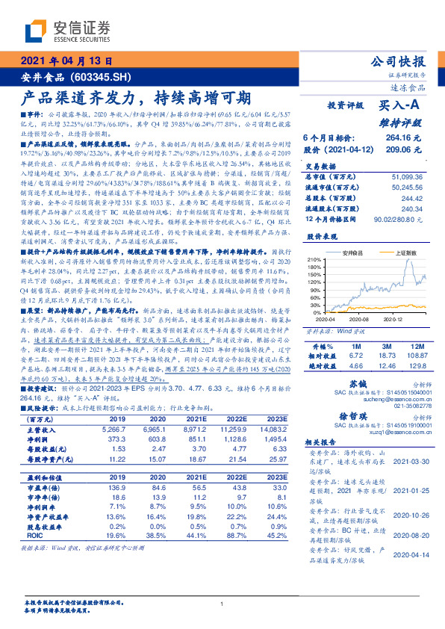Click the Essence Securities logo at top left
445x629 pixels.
pos(68,31)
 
